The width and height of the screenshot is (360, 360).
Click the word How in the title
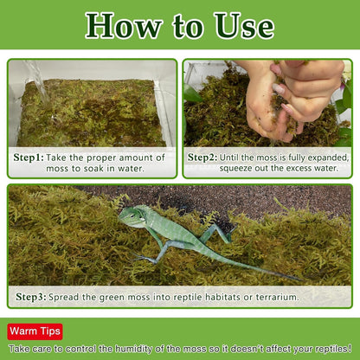125,25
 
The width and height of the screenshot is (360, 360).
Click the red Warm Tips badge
35,331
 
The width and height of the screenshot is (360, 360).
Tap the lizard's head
132,216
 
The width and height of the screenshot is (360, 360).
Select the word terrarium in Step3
274,297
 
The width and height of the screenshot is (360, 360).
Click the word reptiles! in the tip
326,347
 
